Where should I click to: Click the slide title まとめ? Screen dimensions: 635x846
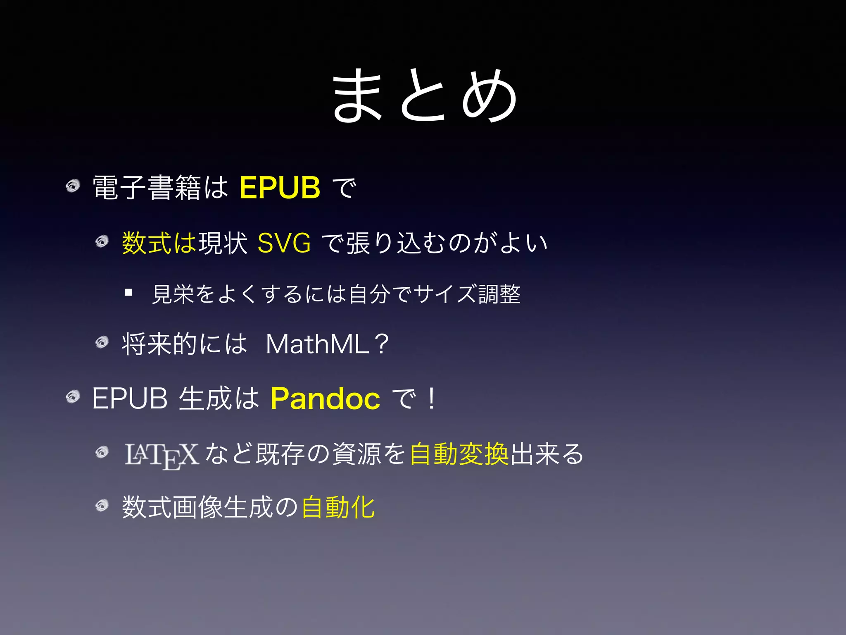click(x=425, y=96)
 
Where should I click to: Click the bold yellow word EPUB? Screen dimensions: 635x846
click(x=280, y=188)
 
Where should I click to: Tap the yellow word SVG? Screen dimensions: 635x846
click(x=284, y=243)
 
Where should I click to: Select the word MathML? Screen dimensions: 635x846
click(x=317, y=344)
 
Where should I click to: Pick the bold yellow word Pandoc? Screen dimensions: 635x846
click(x=325, y=399)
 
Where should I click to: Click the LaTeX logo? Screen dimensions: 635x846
click(x=162, y=456)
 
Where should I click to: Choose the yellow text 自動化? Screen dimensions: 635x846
click(x=338, y=507)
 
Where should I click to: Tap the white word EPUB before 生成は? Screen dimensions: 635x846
click(x=130, y=399)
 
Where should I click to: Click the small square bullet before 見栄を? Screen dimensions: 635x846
click(x=128, y=293)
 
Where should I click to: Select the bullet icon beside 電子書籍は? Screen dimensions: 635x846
click(x=73, y=186)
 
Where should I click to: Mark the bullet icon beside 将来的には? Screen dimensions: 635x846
click(x=102, y=342)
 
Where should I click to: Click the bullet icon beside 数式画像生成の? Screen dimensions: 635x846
click(x=102, y=505)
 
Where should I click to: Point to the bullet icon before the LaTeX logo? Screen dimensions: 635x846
click(x=102, y=452)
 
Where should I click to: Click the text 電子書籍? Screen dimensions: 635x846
click(x=147, y=188)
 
